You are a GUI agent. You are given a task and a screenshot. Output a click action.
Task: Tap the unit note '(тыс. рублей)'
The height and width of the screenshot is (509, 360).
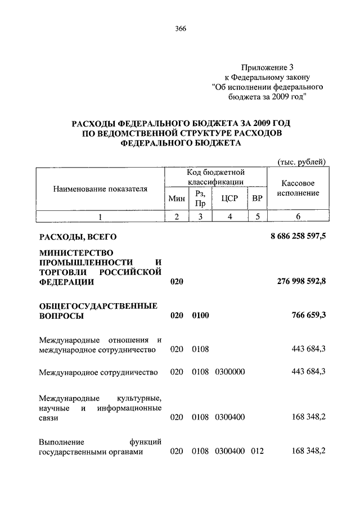303,162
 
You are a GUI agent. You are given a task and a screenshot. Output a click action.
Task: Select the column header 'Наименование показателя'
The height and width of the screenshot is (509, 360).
100,189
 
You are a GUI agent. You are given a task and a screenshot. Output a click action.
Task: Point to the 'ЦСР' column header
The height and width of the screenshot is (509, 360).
228,198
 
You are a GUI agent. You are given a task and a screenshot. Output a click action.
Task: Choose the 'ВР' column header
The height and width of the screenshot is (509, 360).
257,198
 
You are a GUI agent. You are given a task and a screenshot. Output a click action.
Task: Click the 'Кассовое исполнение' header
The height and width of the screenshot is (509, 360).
298,188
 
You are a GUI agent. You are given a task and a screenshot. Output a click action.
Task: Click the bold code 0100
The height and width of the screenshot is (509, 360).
200,316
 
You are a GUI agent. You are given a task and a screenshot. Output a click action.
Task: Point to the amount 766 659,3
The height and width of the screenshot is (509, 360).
308,316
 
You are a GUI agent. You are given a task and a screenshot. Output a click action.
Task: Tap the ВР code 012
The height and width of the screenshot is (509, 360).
258,451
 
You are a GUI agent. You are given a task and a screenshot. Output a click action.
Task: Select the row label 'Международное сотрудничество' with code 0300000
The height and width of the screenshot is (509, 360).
98,372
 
